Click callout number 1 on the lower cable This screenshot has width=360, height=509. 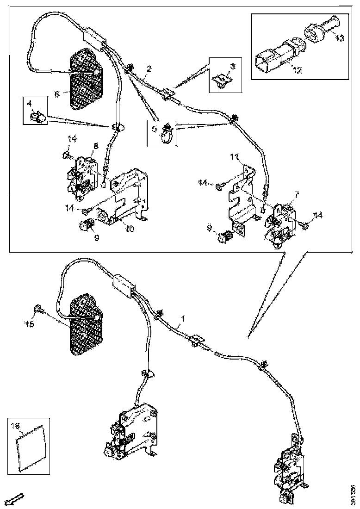click(x=183, y=318)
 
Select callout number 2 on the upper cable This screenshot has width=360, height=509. click(x=149, y=69)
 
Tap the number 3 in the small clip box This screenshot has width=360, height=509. click(x=233, y=66)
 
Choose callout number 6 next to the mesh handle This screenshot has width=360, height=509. click(x=57, y=93)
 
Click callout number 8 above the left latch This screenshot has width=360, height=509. click(x=96, y=146)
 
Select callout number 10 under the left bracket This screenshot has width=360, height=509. click(x=129, y=229)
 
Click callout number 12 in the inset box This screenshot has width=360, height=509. click(x=297, y=71)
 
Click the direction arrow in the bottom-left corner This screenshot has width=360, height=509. click(x=17, y=498)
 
